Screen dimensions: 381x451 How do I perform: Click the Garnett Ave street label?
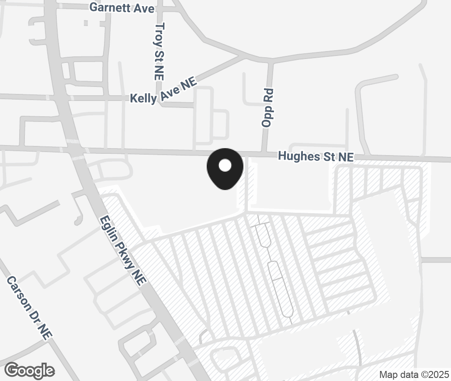[122, 7]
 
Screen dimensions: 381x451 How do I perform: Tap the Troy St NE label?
[160, 51]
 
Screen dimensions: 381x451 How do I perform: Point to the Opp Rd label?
[267, 108]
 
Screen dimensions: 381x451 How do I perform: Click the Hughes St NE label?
[316, 156]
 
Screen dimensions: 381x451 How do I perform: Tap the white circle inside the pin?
[225, 166]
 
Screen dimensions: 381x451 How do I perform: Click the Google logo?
[30, 371]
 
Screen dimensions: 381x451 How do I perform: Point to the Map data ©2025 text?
[414, 374]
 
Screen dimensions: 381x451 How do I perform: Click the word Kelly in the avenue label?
[143, 98]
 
